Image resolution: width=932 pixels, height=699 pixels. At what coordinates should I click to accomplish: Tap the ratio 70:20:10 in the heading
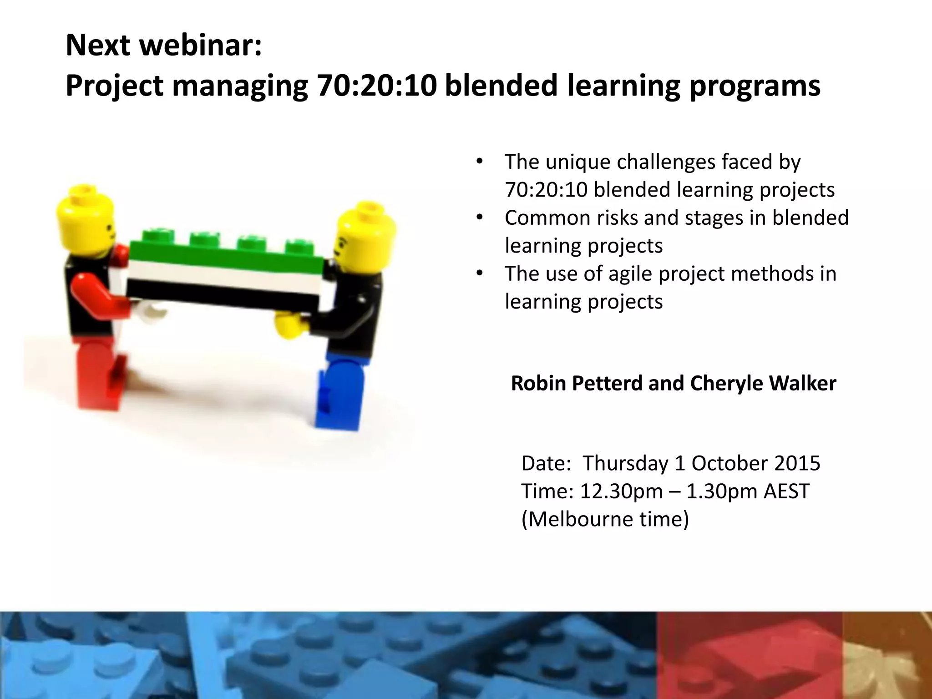pyautogui.click(x=377, y=86)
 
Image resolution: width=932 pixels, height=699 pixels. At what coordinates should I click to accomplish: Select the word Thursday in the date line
pyautogui.click(x=626, y=463)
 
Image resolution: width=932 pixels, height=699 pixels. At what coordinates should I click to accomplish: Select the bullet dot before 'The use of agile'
pyautogui.click(x=479, y=274)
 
